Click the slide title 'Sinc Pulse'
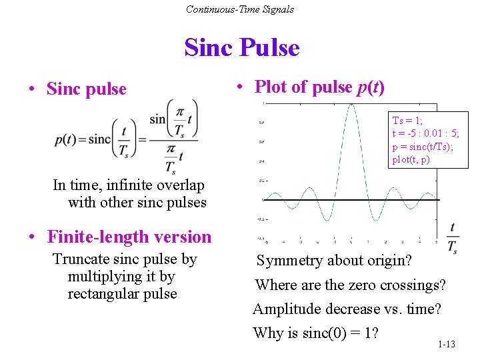[x=242, y=48]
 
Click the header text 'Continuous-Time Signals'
[x=240, y=9]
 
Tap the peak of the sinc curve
[x=348, y=105]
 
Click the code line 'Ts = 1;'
[x=407, y=121]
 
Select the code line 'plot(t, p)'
[x=411, y=159]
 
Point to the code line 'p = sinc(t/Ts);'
[x=423, y=147]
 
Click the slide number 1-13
[x=447, y=344]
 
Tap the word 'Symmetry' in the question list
[x=287, y=261]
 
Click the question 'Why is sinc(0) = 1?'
[x=316, y=333]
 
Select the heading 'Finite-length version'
[x=129, y=237]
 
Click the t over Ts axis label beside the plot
[x=453, y=238]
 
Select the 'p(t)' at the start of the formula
[x=65, y=139]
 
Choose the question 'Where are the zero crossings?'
[x=350, y=285]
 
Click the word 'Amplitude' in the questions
[x=287, y=309]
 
